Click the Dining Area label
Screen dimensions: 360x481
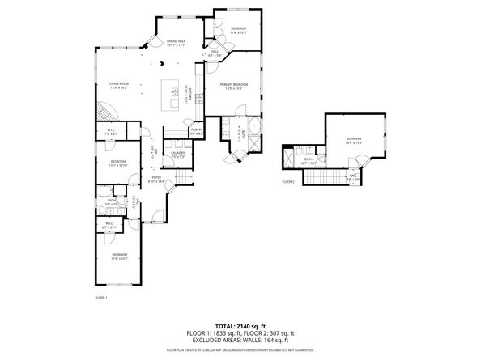pos(177,41)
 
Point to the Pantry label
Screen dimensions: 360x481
pos(196,131)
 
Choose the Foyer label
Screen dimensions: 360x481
pos(156,179)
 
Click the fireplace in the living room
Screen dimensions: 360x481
pos(104,110)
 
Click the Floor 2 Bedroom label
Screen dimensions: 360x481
pos(355,139)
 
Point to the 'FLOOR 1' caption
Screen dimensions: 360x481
pos(101,298)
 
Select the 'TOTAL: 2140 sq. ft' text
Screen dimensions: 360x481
pos(240,324)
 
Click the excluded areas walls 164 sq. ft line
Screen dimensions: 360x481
pos(240,338)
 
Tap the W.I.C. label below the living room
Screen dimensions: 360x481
pos(112,131)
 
